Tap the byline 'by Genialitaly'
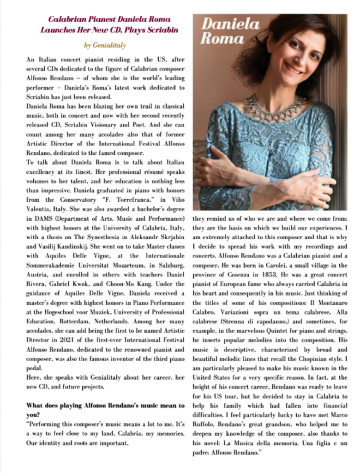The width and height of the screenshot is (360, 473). (x=105, y=45)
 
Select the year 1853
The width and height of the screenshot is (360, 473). (x=275, y=275)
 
